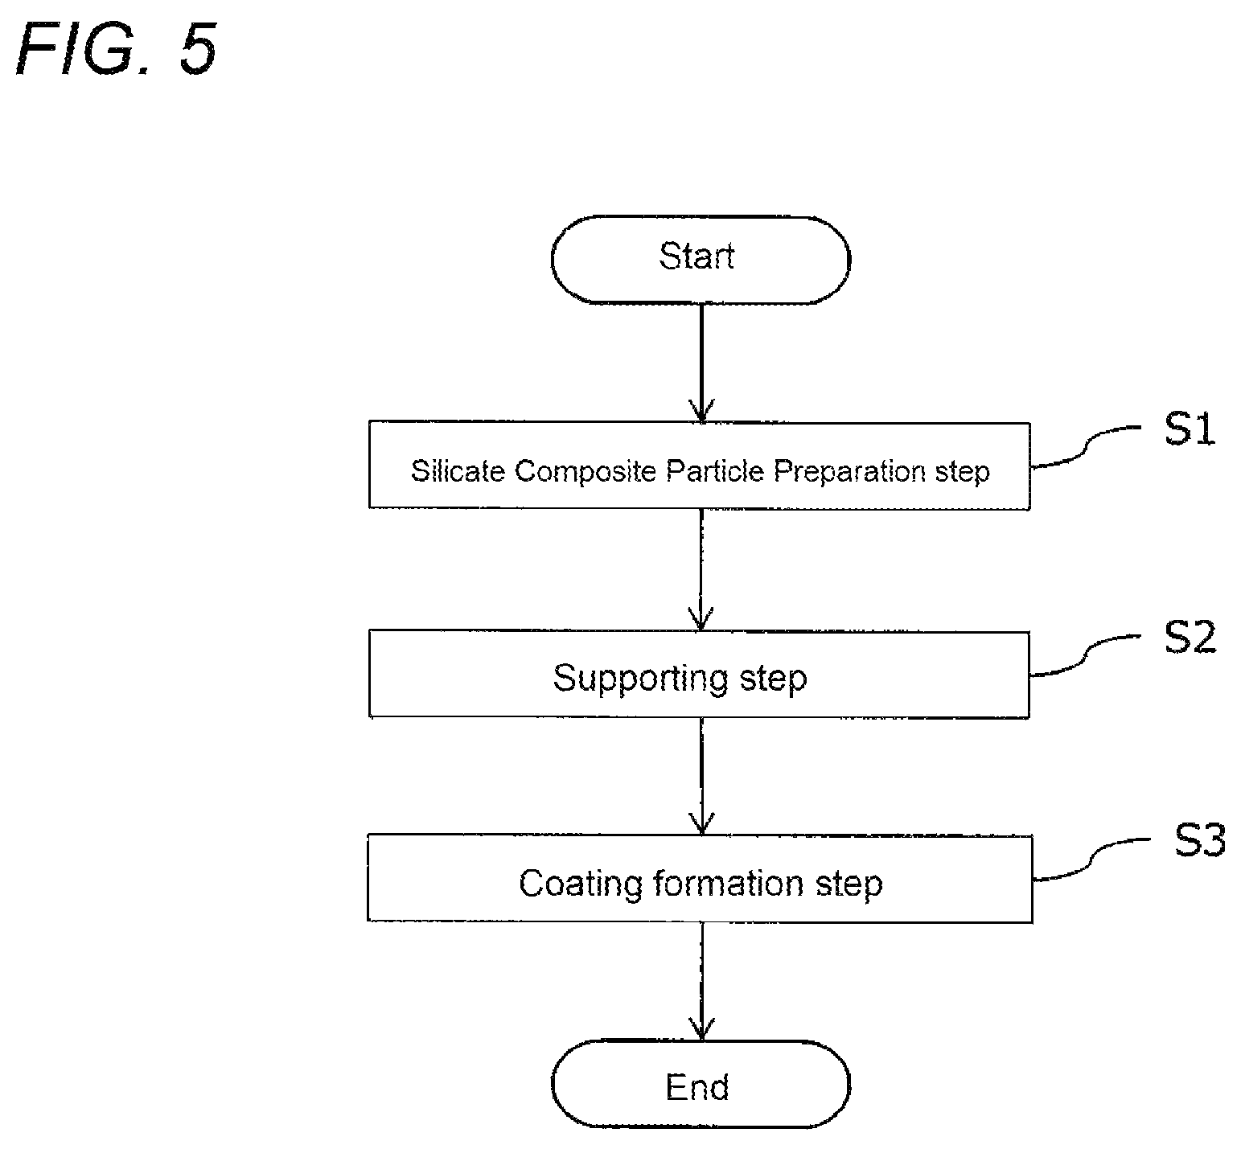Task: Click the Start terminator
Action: pos(700,259)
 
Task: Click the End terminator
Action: pos(700,1085)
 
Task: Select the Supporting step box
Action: pos(699,674)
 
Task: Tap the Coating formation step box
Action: pos(700,878)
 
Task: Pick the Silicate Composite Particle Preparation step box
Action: pos(699,466)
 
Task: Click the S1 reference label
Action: pos(1190,430)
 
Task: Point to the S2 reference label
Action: pos(1190,637)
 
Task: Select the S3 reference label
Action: pos(1199,841)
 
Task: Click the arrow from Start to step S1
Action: pos(701,363)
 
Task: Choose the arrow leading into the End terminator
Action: pos(701,982)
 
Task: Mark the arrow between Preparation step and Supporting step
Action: pos(701,570)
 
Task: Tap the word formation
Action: pos(729,884)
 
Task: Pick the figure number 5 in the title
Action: pos(197,50)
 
